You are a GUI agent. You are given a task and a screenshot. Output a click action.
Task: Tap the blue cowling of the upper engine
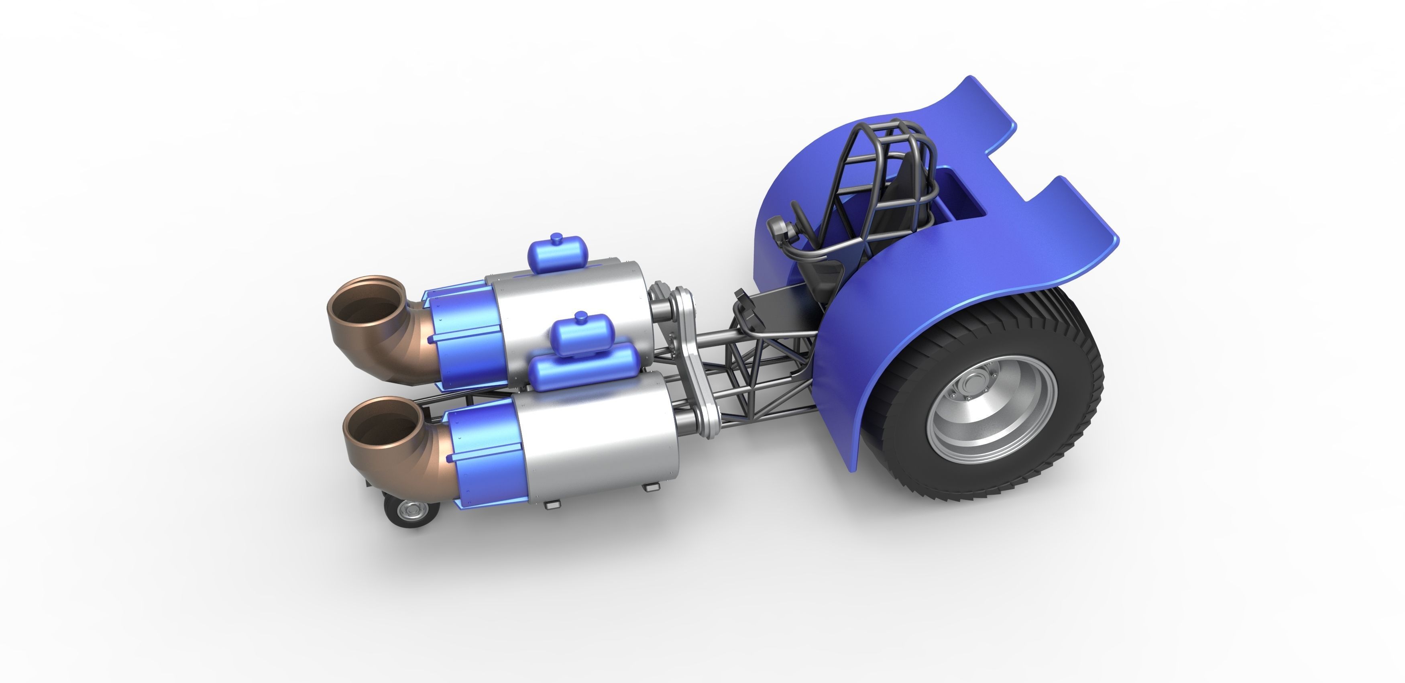464,338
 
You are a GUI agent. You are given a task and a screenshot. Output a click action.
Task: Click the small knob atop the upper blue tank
556,237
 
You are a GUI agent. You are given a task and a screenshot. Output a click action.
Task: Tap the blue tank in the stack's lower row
584,368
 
